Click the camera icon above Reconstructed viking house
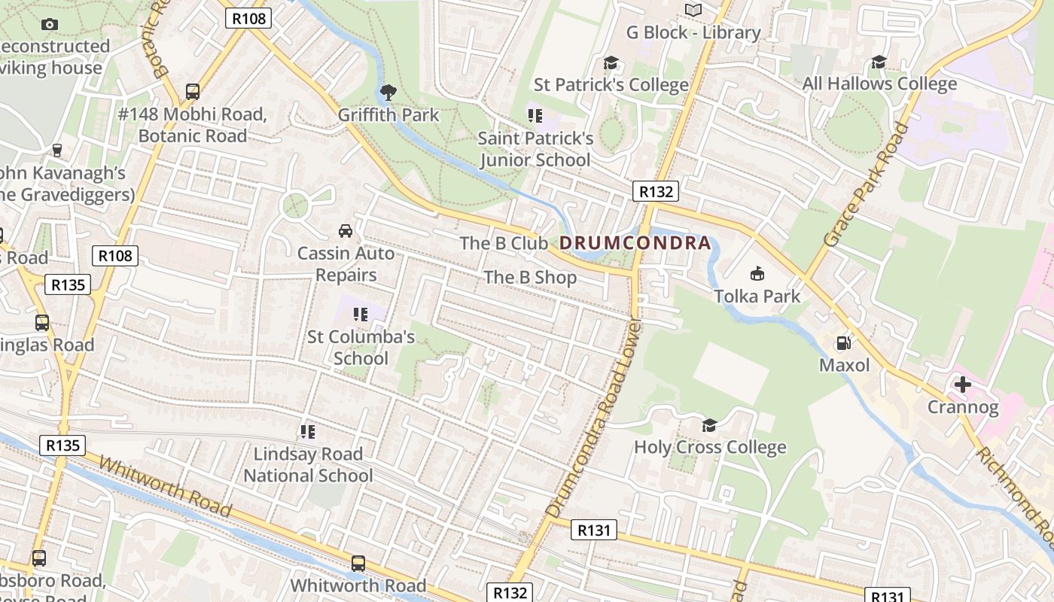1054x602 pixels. click(x=50, y=24)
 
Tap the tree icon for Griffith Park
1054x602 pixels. click(x=388, y=93)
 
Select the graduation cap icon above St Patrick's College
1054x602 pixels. click(x=611, y=62)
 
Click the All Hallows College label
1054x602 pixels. click(x=879, y=84)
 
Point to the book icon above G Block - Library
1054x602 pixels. click(x=693, y=10)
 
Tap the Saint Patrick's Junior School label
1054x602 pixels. click(x=535, y=149)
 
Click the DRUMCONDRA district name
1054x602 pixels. click(x=635, y=243)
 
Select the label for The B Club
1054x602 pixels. click(x=504, y=243)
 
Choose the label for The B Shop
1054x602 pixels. click(x=530, y=278)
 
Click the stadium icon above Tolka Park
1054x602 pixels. click(x=757, y=273)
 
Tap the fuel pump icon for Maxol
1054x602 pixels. click(x=844, y=343)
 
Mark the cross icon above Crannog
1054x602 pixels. click(x=962, y=385)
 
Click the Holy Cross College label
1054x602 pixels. click(x=710, y=447)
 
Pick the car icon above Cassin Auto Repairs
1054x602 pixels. click(x=346, y=230)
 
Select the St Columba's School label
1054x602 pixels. click(x=361, y=347)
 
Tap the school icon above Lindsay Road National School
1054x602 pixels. click(x=307, y=432)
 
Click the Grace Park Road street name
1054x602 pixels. click(x=865, y=185)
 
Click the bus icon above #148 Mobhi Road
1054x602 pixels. click(x=193, y=92)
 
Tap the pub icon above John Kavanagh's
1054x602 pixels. click(x=56, y=150)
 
